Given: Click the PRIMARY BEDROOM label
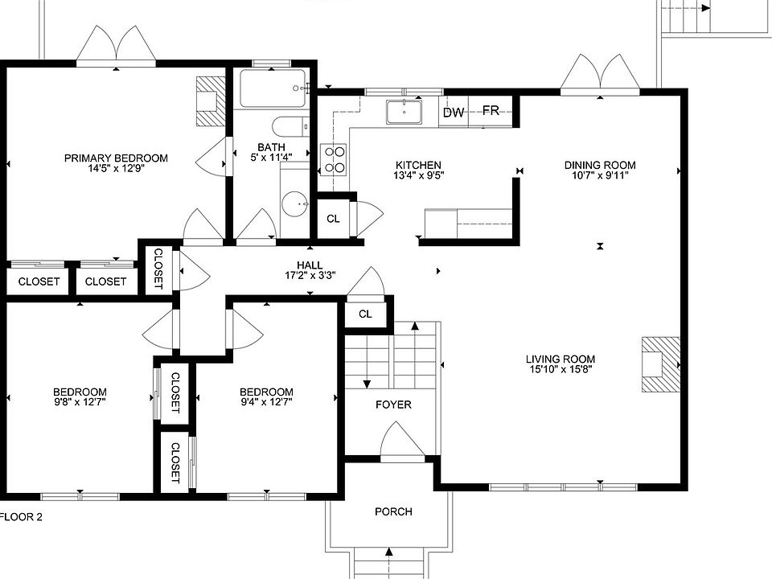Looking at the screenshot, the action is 116,158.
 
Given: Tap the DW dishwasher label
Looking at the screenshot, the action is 454,113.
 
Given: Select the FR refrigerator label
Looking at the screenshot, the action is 491,110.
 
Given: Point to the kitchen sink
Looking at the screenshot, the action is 404,112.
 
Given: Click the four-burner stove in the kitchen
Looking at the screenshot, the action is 333,159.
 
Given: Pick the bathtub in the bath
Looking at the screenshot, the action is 273,88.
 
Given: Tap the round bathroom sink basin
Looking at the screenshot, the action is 294,203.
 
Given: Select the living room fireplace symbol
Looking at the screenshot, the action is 661,364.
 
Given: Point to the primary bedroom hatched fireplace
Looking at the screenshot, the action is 211,101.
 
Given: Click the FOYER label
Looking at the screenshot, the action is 393,404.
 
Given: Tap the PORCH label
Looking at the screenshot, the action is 393,512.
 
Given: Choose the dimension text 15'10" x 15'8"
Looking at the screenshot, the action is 561,369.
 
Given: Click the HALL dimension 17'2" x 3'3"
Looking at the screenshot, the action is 310,275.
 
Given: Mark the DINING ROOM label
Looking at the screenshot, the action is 600,165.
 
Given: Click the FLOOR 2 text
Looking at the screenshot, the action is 21,517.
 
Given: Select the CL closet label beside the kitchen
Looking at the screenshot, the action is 333,219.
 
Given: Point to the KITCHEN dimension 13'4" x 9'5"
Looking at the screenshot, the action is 418,175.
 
